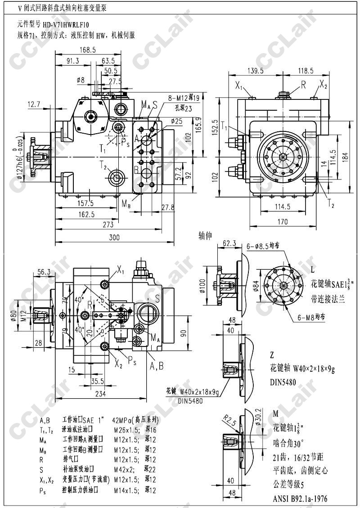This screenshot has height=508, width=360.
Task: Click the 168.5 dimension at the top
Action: [88, 50]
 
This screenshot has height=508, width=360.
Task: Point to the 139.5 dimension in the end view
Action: [255, 71]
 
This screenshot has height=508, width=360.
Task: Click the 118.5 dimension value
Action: [306, 71]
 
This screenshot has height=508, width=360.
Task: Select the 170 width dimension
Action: [283, 221]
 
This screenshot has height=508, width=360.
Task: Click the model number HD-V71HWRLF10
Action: [66, 25]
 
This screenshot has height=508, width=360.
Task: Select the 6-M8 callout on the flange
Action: [309, 317]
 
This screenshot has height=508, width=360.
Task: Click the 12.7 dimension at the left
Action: [34, 104]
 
